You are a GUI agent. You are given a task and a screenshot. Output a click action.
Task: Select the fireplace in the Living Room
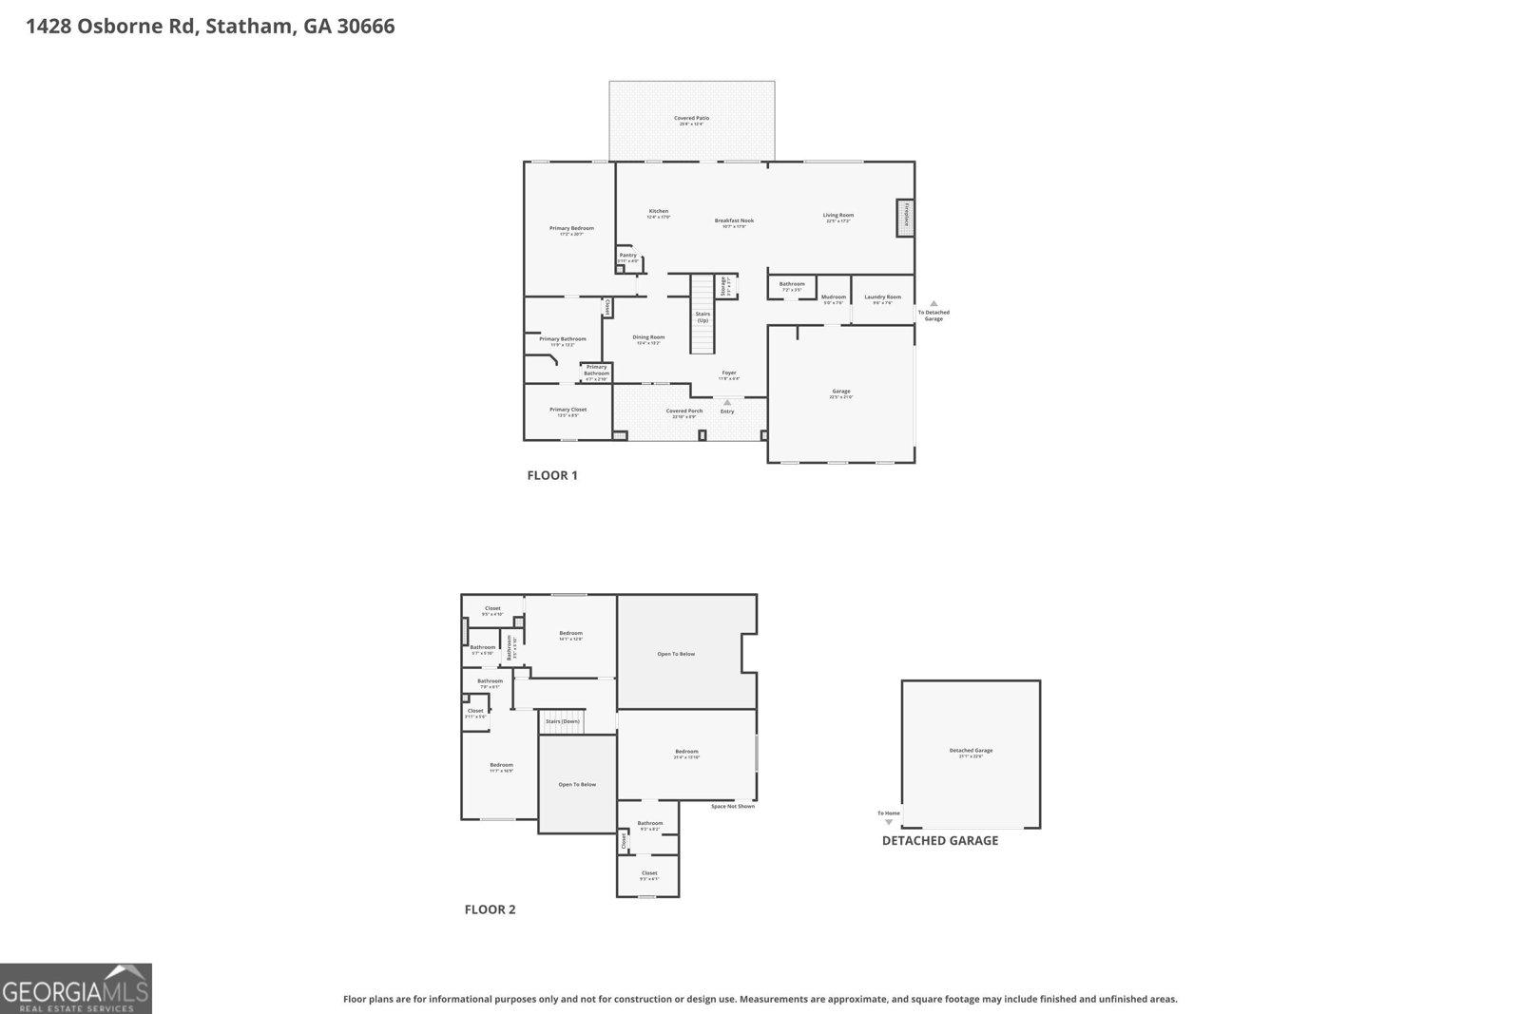pyautogui.click(x=906, y=218)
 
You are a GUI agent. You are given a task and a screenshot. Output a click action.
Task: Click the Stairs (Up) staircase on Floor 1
pyautogui.click(x=703, y=313)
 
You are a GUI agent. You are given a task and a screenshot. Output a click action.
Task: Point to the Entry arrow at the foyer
pyautogui.click(x=727, y=403)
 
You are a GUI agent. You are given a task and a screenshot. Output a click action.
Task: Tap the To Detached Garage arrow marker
pyautogui.click(x=934, y=303)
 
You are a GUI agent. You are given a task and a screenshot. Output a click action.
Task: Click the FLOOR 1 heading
pyautogui.click(x=552, y=475)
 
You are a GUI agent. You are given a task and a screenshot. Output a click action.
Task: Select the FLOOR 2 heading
pyautogui.click(x=490, y=909)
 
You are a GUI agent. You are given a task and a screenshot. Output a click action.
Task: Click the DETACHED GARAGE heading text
pyautogui.click(x=939, y=840)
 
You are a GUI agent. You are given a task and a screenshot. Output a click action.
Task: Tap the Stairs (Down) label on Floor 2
pyautogui.click(x=562, y=721)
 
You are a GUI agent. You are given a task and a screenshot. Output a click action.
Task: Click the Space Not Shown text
pyautogui.click(x=732, y=807)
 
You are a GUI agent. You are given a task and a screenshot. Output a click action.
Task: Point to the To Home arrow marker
pyautogui.click(x=889, y=822)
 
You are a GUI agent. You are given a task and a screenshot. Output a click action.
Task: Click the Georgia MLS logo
pyautogui.click(x=76, y=988)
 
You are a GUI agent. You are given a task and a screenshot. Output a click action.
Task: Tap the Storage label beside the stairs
pyautogui.click(x=723, y=285)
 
